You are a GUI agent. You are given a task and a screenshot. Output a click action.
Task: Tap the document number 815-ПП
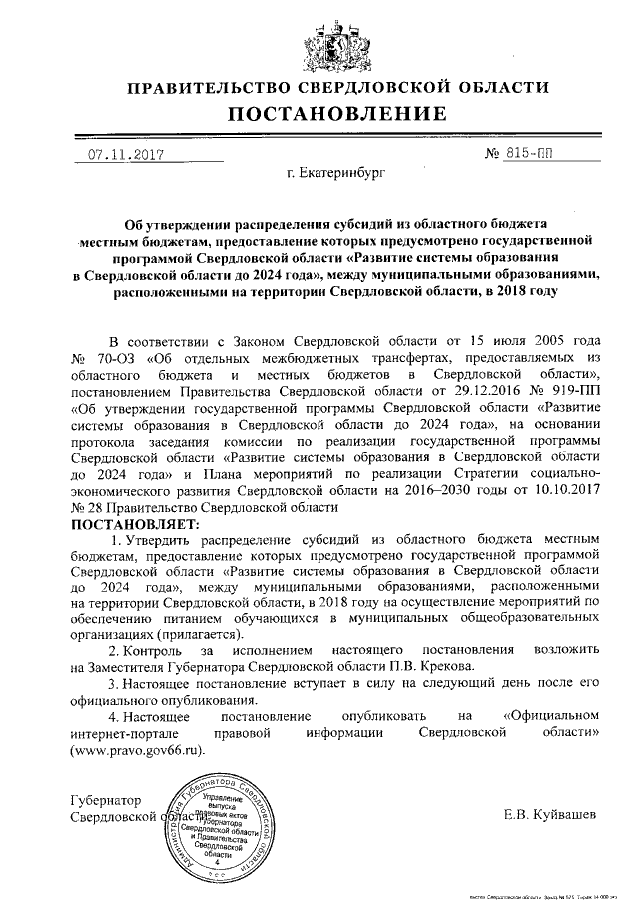click(525, 155)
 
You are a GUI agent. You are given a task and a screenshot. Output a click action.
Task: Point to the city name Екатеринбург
click(335, 176)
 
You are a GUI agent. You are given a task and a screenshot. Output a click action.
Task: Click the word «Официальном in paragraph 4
click(551, 717)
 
